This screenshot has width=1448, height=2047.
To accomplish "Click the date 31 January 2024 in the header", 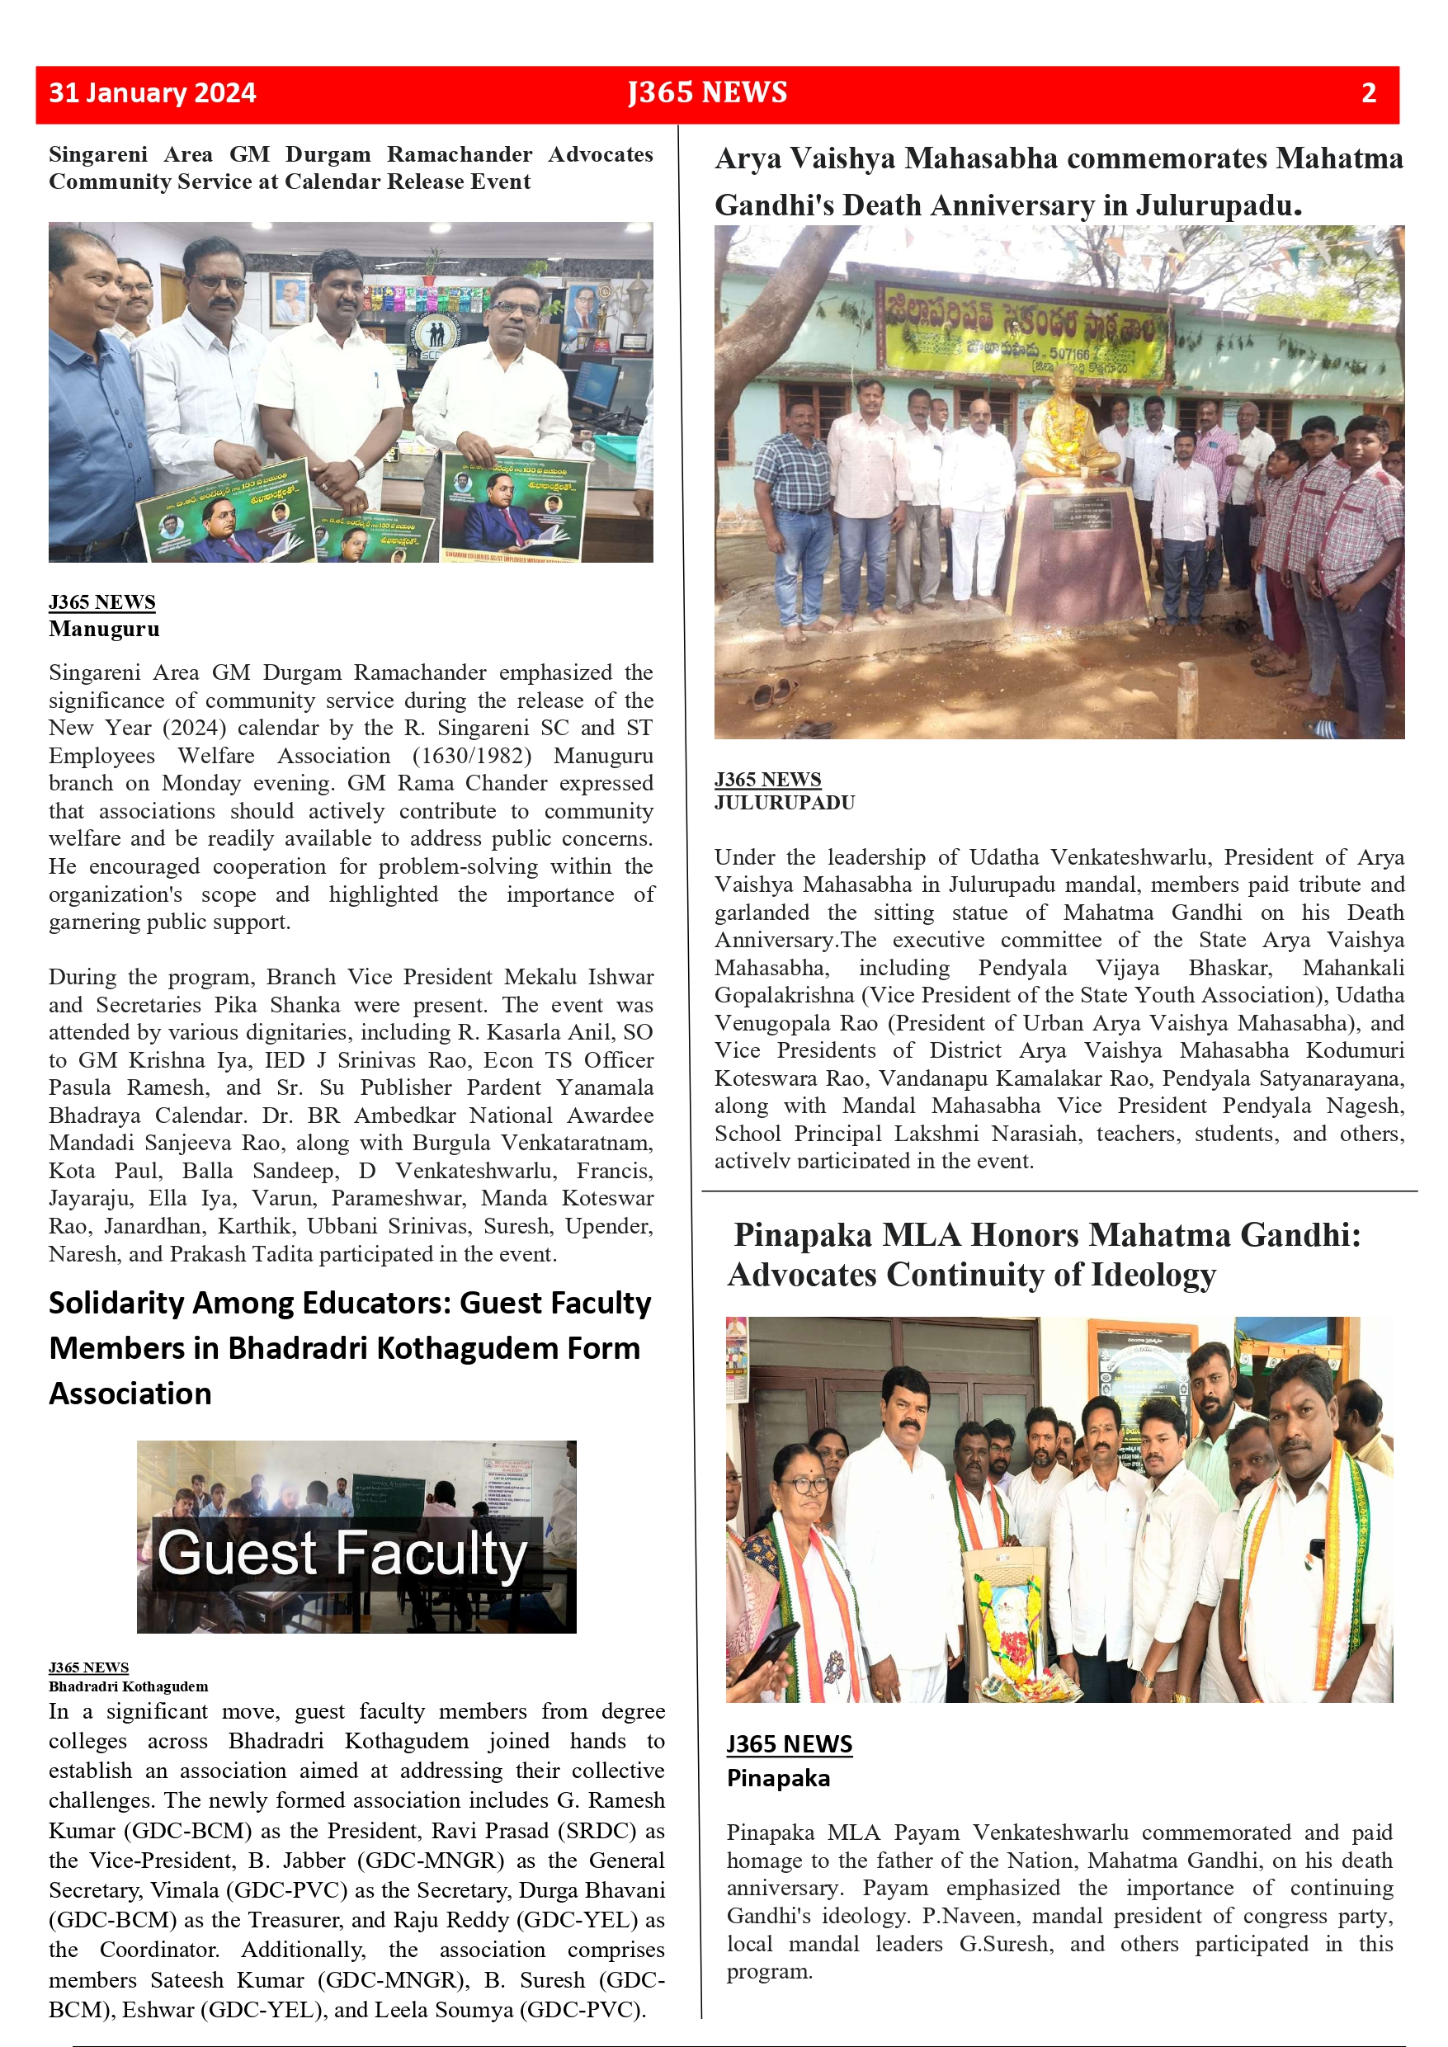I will pos(153,92).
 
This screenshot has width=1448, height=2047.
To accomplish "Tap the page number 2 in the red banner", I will pos(1369,92).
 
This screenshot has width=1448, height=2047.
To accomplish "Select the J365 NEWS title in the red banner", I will pos(707,92).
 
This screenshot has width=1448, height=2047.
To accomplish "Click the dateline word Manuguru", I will pos(104,629).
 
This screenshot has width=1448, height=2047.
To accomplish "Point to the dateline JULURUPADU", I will pos(784,803).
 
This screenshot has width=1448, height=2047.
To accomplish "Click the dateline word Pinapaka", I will pos(777,1778).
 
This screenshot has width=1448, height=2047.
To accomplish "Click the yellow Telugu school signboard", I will pos(1021,330).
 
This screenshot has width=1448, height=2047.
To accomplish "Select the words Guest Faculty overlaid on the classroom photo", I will pos(342,1554).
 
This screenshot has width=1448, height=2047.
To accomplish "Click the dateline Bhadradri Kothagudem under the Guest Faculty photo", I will pos(129,1686).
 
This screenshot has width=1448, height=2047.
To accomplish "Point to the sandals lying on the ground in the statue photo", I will pos(774,691).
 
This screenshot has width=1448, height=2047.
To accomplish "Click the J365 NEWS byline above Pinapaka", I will pos(789,1744).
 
